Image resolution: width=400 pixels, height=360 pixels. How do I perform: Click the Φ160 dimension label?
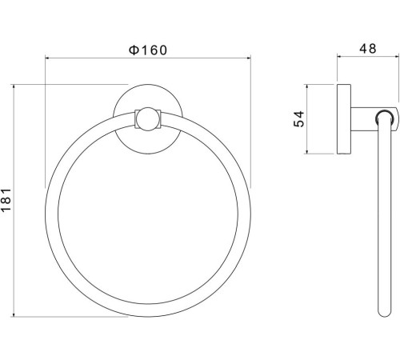pos(148,50)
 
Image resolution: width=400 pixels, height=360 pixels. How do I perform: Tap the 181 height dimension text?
pos(6,200)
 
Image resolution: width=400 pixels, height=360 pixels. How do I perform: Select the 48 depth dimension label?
pos(368,49)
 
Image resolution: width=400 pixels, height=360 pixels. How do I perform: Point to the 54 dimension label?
pos(299,119)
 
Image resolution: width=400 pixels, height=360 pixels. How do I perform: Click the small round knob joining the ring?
pos(148,119)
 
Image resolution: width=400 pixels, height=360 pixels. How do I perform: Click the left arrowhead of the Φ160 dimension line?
pos(48,58)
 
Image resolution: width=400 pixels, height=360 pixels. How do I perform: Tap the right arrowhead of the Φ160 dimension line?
pos(248,58)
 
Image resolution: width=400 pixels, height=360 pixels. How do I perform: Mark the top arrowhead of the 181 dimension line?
pos(14,87)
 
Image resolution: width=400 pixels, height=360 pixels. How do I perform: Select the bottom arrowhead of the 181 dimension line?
pos(14,314)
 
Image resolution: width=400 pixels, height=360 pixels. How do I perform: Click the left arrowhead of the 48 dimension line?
pos(340,56)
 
